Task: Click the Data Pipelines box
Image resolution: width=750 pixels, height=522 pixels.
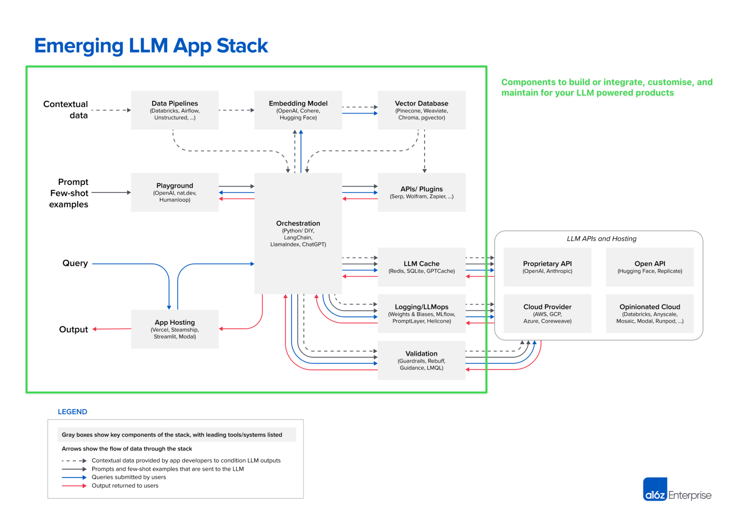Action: [175, 110]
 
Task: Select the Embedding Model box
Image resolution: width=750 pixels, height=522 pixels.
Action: [298, 110]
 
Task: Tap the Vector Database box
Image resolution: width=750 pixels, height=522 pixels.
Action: [421, 110]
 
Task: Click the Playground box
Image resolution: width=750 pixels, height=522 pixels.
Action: [175, 192]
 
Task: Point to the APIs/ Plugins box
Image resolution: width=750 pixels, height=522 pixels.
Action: [421, 192]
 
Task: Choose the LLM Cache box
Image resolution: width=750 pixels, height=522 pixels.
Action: [421, 267]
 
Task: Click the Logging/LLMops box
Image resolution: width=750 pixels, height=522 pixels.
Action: [421, 314]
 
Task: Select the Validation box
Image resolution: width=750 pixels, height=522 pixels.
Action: [421, 360]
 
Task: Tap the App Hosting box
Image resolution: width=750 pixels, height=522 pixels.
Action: [175, 329]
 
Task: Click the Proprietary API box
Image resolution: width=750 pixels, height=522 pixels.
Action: [547, 267]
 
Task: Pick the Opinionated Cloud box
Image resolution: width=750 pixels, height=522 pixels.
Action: [649, 314]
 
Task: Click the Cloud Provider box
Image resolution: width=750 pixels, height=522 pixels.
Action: [547, 314]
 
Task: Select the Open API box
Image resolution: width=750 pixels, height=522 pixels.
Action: [649, 267]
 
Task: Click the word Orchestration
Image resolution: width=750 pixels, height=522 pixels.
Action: [298, 223]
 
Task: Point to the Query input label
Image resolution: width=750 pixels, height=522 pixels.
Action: [75, 263]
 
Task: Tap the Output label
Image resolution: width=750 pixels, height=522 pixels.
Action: [73, 329]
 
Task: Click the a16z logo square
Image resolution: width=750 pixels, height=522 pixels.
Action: [654, 489]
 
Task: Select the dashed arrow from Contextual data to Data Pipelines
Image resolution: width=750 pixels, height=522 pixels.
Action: [111, 110]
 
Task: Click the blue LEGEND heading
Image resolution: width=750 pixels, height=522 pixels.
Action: [72, 412]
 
